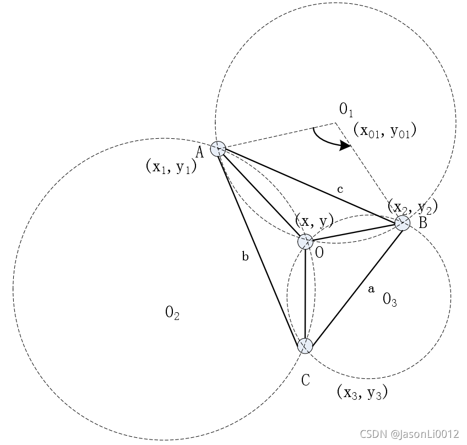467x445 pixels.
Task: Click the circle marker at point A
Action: [218, 149]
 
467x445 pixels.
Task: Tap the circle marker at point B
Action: [403, 223]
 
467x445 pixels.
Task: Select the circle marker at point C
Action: [305, 345]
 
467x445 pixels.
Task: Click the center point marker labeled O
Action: [305, 241]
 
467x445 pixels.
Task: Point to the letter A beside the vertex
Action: [200, 152]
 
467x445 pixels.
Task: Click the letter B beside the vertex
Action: [422, 224]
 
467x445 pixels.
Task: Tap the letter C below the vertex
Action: [306, 379]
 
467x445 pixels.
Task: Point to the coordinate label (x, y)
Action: [314, 221]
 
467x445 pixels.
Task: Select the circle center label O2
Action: [172, 313]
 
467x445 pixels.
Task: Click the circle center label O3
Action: [390, 300]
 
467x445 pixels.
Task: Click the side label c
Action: [340, 189]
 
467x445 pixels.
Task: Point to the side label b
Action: [246, 256]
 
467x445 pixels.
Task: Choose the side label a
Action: [371, 288]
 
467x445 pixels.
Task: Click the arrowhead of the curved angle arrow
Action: [345, 146]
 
